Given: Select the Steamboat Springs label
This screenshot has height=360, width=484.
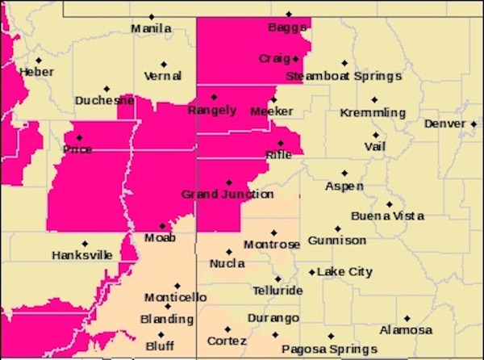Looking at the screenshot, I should point(343,76).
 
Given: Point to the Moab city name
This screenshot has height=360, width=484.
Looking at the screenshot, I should point(161,238).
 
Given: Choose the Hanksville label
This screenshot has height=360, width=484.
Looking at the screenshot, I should point(81,255).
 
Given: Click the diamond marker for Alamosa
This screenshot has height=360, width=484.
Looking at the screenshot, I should point(407,318).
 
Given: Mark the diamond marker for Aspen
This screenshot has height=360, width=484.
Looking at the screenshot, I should point(344,173).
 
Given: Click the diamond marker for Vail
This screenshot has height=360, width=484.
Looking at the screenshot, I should point(375,135).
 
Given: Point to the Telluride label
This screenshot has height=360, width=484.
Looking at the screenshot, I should point(277,290).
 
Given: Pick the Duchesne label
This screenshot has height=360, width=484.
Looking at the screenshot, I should point(103,101).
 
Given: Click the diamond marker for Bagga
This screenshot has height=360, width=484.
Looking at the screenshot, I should point(289,15).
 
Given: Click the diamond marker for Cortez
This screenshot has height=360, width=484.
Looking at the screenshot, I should point(227,329).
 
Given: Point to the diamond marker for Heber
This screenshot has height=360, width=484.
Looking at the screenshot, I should point(38,60).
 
